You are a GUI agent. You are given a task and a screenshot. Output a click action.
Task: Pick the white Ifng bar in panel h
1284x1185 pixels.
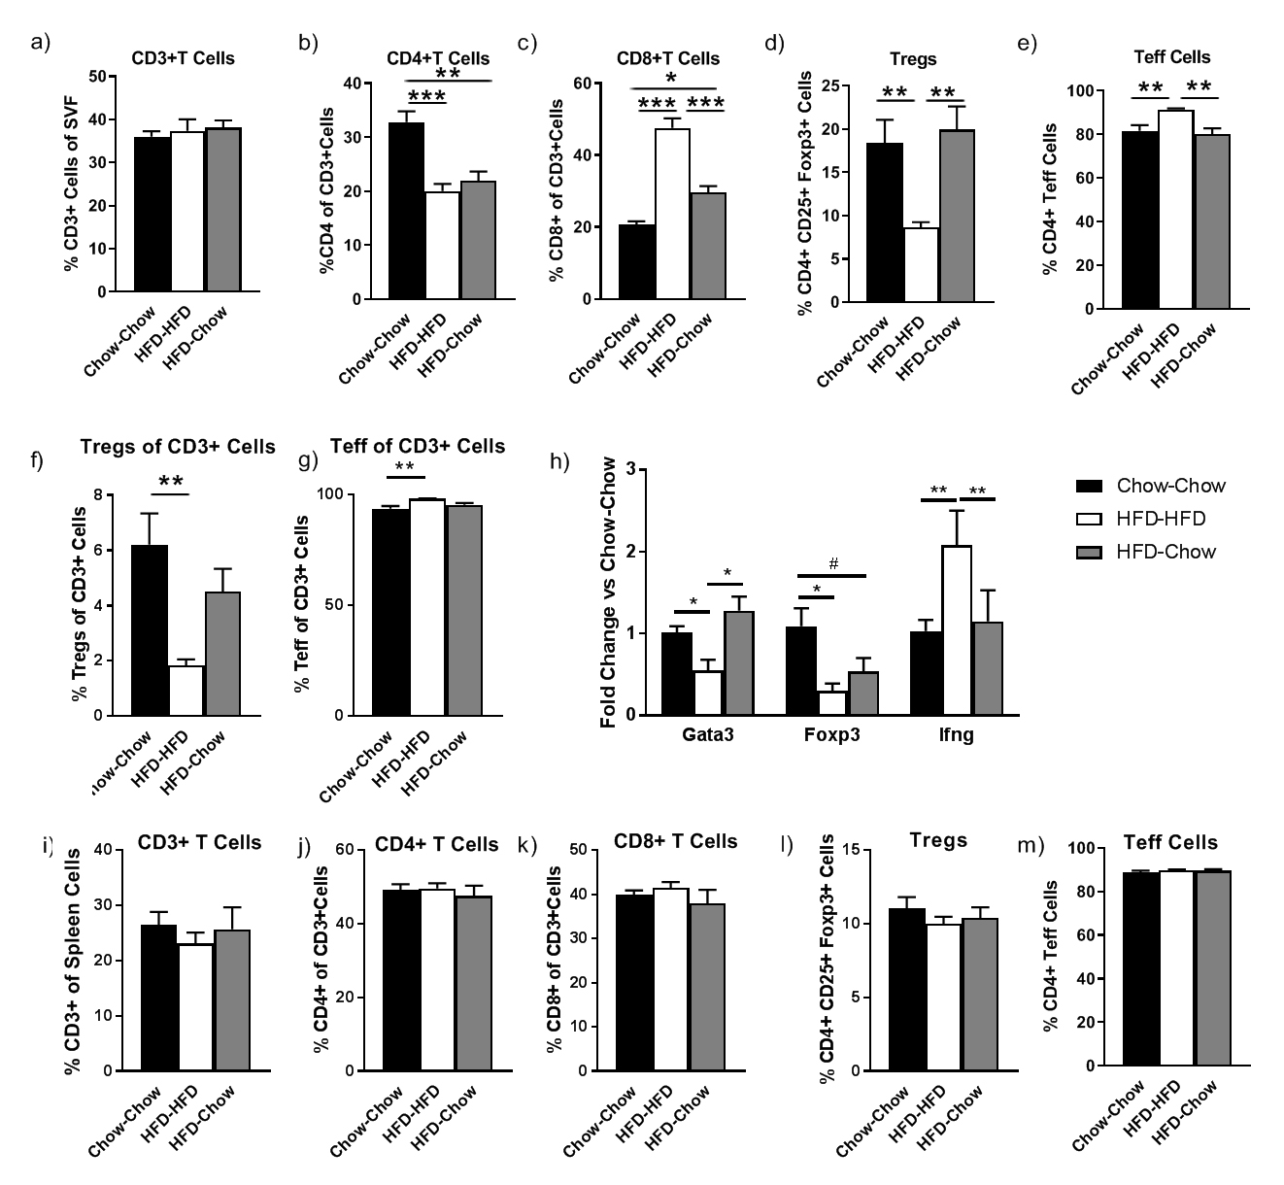957,630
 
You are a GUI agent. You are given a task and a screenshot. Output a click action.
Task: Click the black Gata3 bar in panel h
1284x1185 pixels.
676,674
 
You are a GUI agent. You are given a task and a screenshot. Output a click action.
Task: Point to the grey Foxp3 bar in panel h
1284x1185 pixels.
864,694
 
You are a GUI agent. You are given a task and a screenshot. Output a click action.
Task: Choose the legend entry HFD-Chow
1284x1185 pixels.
1166,552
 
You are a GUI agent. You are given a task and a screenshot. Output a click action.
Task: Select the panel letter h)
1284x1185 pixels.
559,460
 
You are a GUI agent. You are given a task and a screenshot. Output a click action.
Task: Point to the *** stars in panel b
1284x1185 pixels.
426,95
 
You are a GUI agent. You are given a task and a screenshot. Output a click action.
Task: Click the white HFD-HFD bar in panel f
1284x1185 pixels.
186,691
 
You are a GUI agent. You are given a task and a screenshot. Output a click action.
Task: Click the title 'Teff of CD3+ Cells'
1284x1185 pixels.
418,446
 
